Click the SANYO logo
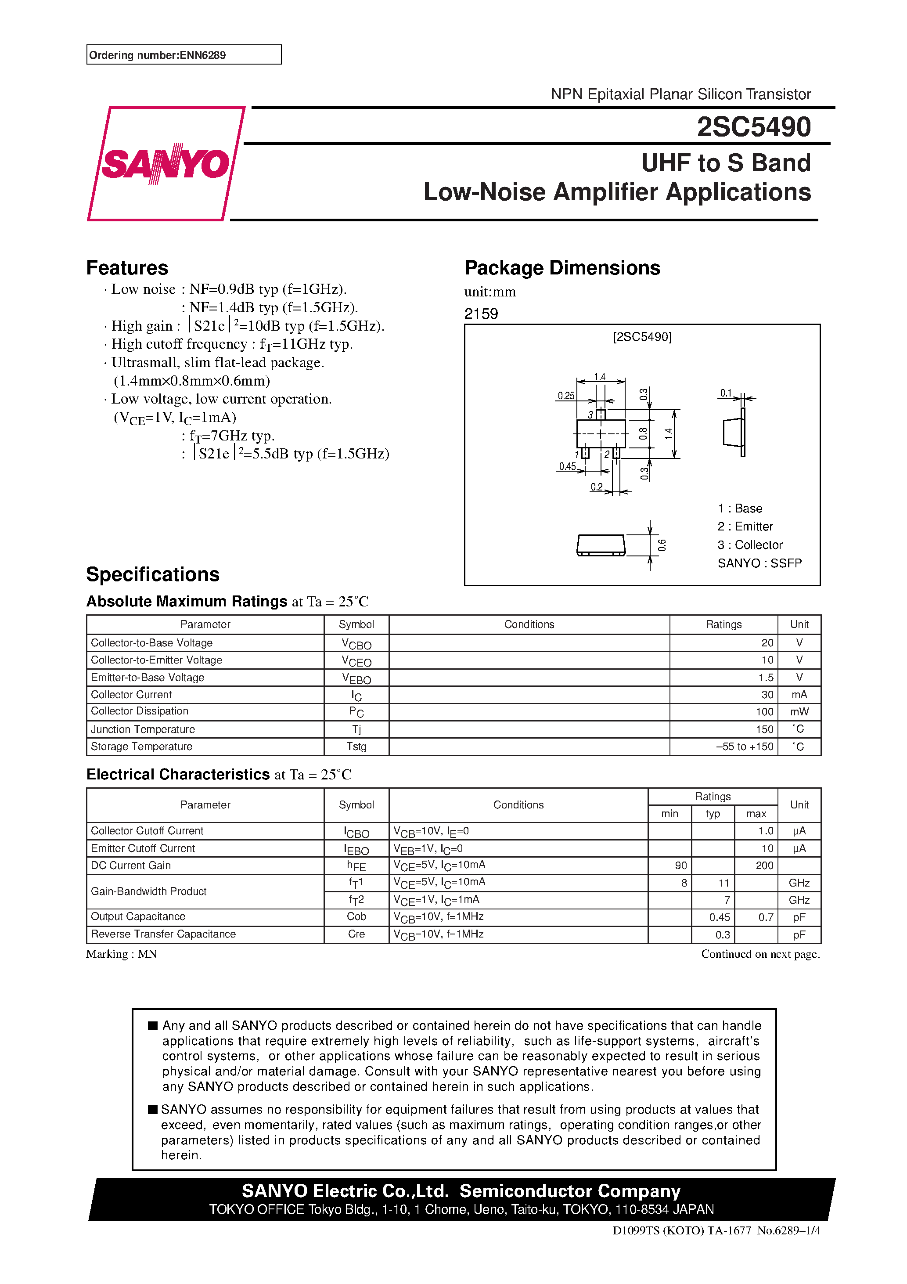166,164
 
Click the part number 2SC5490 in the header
753,127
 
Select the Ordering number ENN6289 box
184,55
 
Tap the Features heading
127,268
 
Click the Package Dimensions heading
562,268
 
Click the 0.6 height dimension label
662,545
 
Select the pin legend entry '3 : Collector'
750,545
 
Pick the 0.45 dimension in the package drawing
567,466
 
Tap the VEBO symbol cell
356,678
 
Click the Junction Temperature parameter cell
143,729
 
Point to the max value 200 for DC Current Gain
764,866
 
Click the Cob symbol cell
356,916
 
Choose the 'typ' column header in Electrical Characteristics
713,814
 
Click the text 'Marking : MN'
121,954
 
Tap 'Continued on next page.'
760,954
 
